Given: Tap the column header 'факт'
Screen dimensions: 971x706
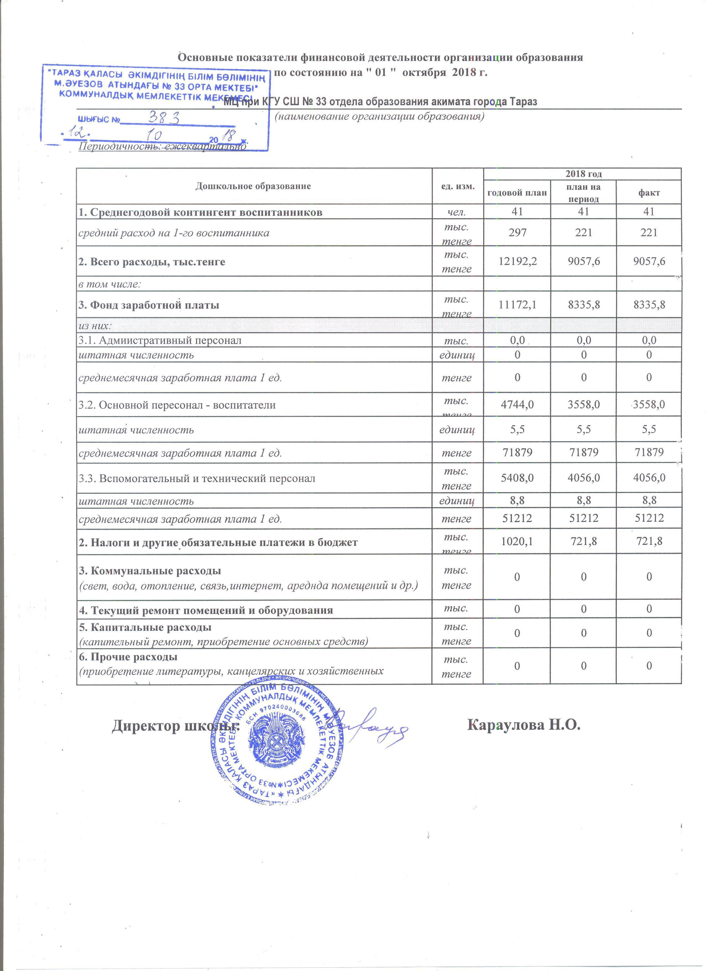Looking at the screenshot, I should tap(649, 193).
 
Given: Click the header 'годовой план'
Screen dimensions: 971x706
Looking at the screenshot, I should tap(517, 193).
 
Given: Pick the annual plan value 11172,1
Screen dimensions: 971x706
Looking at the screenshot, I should tap(517, 305).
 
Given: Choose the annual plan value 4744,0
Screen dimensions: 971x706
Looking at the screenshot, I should tap(517, 404).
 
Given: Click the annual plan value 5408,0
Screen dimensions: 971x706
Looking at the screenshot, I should tap(517, 477).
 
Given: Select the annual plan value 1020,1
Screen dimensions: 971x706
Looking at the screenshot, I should tap(517, 542).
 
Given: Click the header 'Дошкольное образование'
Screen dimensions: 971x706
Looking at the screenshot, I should tap(253, 186).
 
